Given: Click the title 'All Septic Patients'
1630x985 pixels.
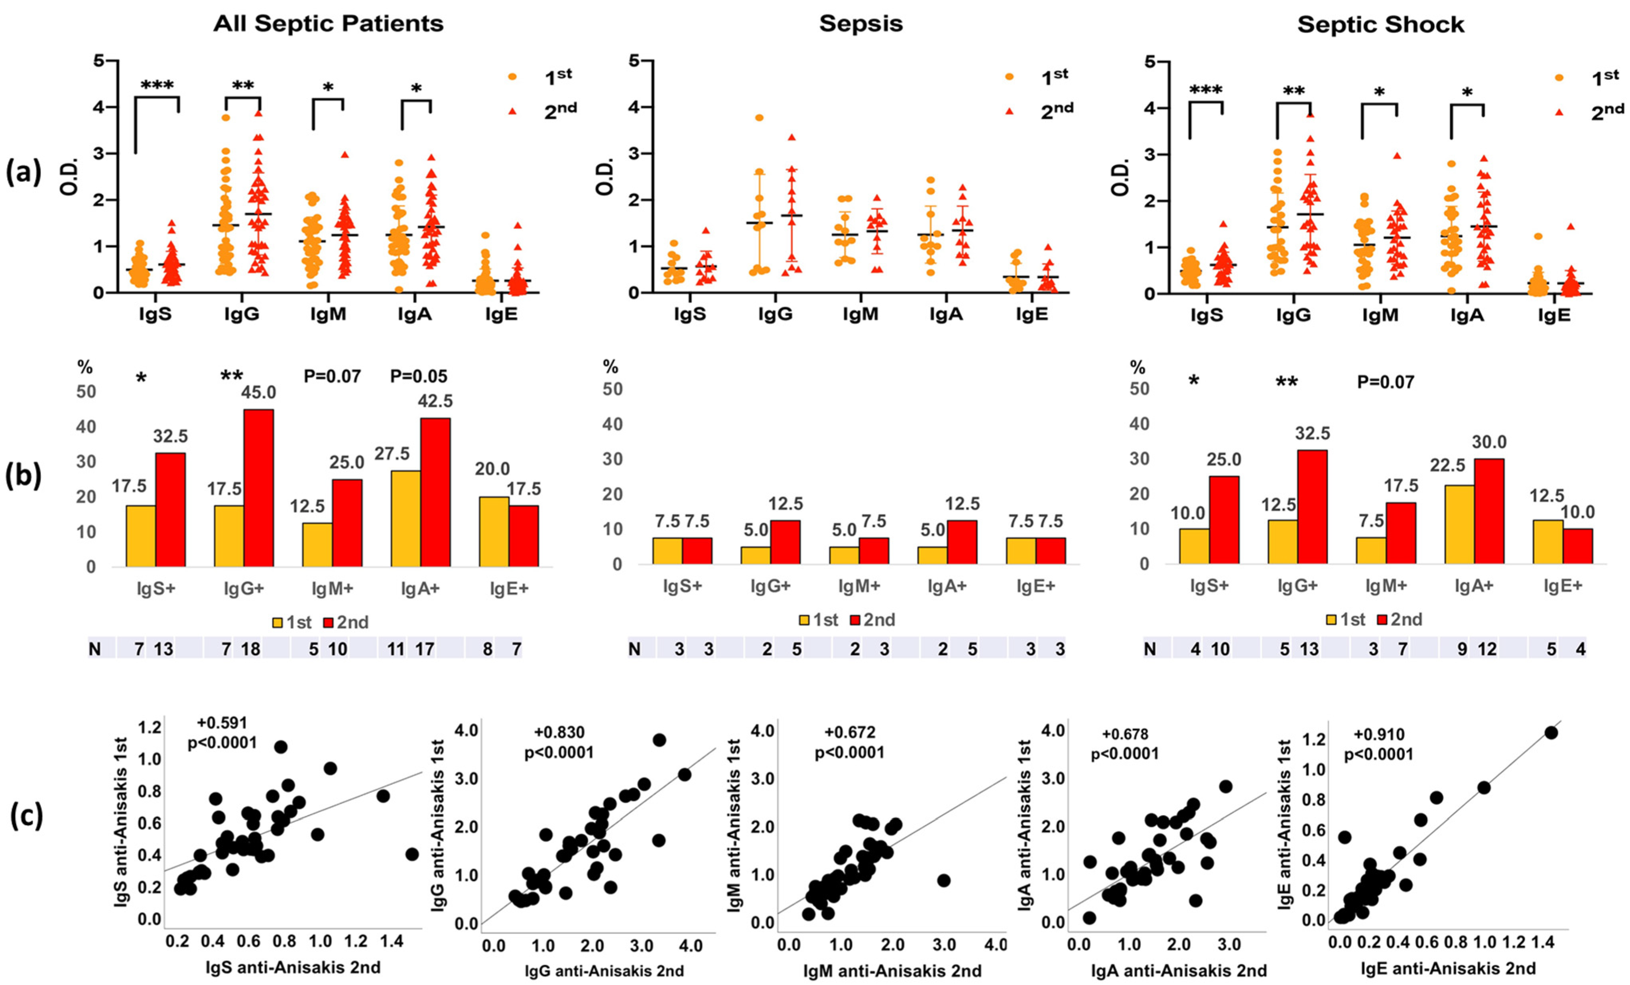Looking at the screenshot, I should [328, 24].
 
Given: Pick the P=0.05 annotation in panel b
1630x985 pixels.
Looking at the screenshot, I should [418, 376].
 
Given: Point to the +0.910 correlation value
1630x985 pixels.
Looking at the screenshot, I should [1379, 734].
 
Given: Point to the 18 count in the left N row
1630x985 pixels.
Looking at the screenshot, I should [251, 649].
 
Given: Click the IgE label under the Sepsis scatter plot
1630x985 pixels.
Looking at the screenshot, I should [1032, 314].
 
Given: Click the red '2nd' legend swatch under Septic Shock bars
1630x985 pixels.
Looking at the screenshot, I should [1382, 620].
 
